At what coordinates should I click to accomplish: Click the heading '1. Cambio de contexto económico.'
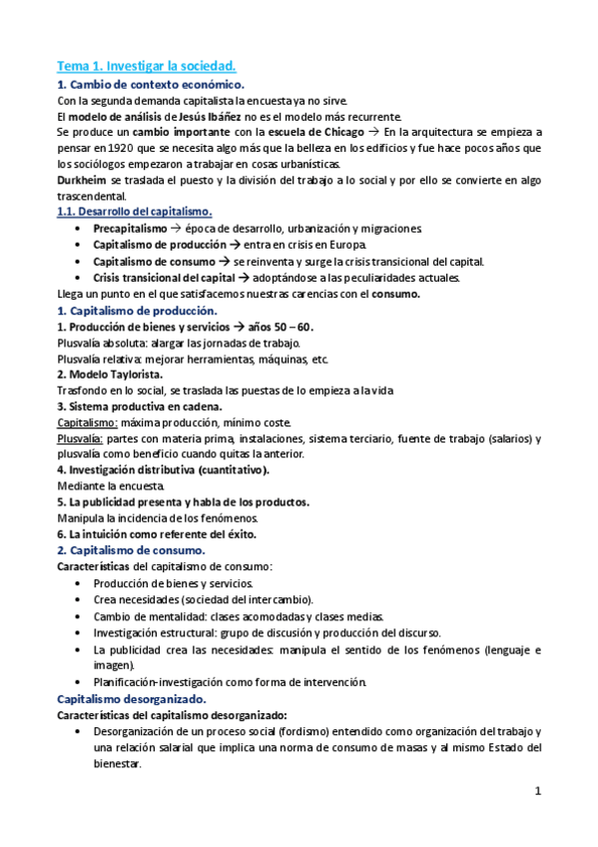pos(151,85)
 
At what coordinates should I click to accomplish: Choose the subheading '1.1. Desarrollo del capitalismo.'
pos(134,212)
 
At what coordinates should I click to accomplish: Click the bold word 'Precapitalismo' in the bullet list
pos(131,229)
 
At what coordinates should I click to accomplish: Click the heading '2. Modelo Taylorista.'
pos(111,374)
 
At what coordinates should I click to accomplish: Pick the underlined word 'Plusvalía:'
pos(82,438)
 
